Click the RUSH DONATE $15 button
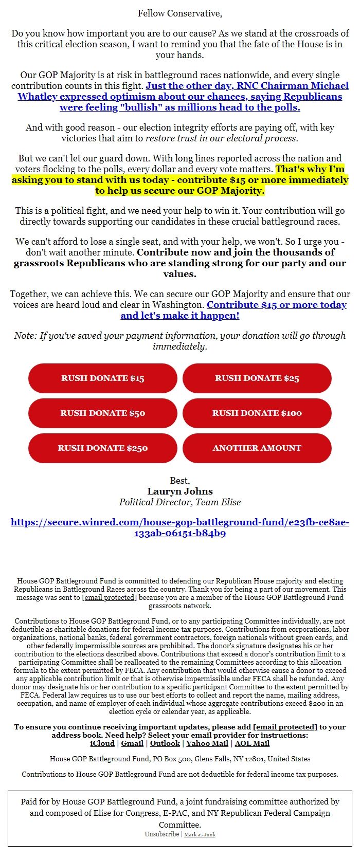[103, 378]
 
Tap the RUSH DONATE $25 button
[257, 378]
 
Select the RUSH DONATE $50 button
[103, 413]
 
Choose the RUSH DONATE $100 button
[257, 413]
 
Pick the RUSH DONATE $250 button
[103, 448]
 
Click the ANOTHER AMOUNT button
[257, 448]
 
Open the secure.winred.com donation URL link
[180, 527]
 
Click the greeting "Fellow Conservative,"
[180, 13]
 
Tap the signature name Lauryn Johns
[180, 491]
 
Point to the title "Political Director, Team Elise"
[180, 502]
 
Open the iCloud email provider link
[102, 743]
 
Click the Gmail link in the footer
[132, 743]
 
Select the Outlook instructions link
[165, 743]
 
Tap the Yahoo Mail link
[207, 743]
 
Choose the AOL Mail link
[252, 743]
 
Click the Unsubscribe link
[162, 834]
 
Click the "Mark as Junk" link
[200, 835]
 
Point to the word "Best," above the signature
[180, 481]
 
